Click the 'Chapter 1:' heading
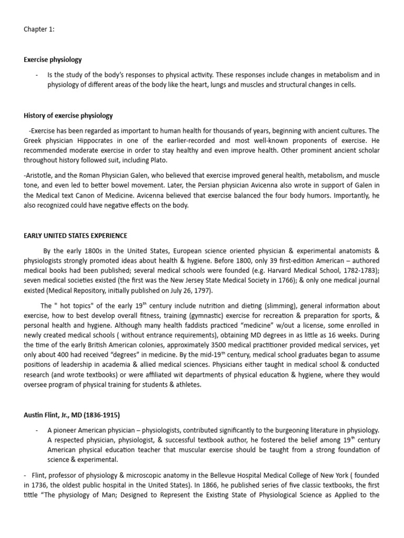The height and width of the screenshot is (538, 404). click(39, 29)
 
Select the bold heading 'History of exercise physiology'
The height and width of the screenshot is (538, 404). click(68, 116)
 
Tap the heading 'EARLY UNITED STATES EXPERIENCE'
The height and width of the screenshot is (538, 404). click(75, 236)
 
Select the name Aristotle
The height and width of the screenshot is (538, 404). click(41, 175)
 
